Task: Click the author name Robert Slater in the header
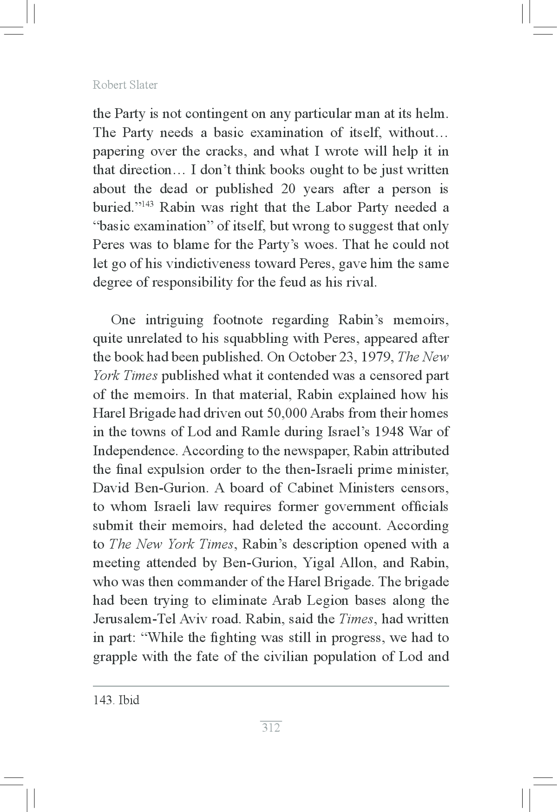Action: click(125, 85)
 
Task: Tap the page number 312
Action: click(271, 727)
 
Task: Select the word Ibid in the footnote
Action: click(129, 700)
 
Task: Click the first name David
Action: click(110, 488)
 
